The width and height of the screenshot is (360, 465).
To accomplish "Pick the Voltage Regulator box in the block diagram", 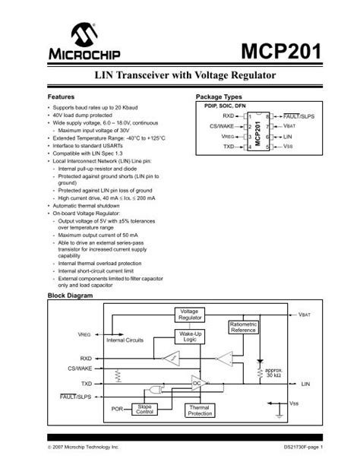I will pyautogui.click(x=188, y=315).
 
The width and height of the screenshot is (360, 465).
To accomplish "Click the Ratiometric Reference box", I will pyautogui.click(x=243, y=327).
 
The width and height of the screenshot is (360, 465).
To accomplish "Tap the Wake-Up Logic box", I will pyautogui.click(x=190, y=337).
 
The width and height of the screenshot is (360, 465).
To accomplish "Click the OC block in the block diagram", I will pyautogui.click(x=197, y=384).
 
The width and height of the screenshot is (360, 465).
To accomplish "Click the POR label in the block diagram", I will pyautogui.click(x=117, y=409).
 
